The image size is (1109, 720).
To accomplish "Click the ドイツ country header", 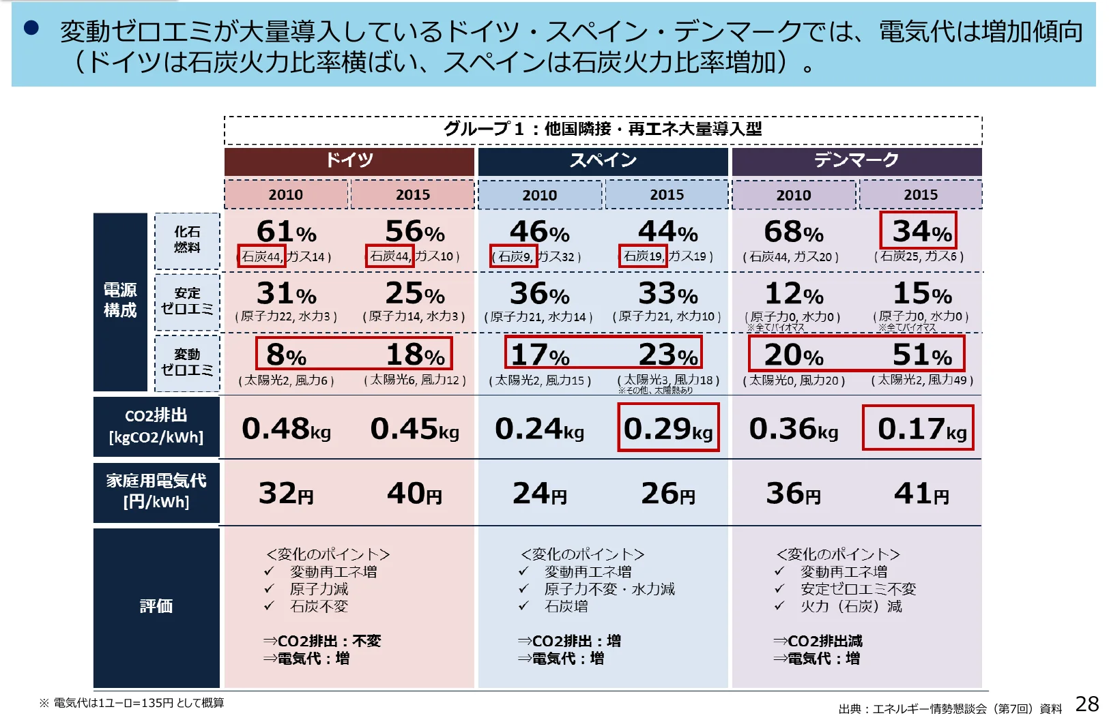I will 349,161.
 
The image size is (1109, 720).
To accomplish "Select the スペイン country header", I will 603,161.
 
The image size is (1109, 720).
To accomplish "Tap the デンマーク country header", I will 856,161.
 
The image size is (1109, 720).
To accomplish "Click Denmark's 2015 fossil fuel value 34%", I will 918,231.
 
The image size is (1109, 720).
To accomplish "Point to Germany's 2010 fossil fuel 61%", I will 285,232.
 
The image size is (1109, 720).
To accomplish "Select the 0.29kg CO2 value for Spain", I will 668,428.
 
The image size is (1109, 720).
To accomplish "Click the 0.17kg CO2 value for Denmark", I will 918,428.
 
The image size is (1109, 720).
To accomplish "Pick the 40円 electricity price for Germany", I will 414,493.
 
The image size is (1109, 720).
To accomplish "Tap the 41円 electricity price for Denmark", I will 921,493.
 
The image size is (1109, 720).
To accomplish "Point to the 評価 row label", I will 156,606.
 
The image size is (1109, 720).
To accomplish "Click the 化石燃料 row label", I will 187,239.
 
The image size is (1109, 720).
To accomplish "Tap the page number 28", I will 1086,704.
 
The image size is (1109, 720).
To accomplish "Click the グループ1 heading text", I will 603,128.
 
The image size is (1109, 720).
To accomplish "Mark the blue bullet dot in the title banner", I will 31,29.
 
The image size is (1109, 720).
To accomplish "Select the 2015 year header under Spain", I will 666,195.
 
